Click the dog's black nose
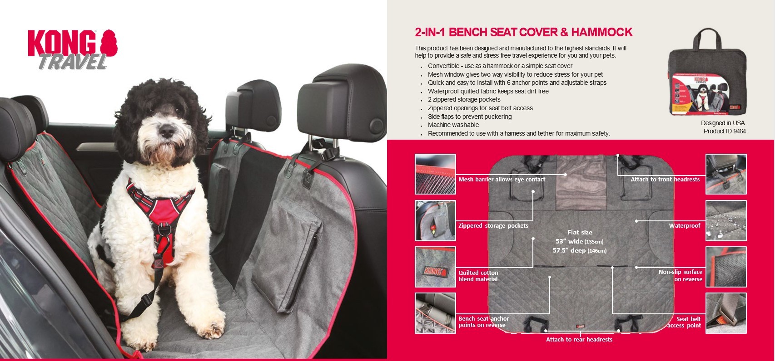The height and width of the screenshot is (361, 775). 167,131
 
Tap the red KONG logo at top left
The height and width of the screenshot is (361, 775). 73,43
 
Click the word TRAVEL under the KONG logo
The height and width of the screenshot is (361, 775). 73,62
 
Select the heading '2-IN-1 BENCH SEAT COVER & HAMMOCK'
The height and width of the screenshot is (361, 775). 523,32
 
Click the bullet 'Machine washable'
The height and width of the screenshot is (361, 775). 453,125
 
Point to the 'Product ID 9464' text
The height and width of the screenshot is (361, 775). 725,131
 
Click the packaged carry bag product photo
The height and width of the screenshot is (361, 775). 707,72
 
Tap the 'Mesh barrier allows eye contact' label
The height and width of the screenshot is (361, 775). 502,179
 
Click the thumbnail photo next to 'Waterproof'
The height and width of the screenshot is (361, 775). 726,220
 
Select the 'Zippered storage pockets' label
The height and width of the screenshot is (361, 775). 493,225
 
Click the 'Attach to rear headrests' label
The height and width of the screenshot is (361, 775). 579,340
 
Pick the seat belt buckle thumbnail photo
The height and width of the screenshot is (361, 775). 726,313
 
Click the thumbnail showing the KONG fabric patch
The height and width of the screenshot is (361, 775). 435,267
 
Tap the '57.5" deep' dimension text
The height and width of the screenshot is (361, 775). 579,250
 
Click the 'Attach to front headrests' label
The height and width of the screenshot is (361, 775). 665,179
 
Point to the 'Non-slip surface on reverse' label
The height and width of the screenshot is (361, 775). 681,275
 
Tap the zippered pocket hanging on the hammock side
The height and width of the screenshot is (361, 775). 287,256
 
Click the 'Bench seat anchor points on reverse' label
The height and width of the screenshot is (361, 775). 483,322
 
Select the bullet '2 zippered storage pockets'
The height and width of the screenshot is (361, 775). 464,99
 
